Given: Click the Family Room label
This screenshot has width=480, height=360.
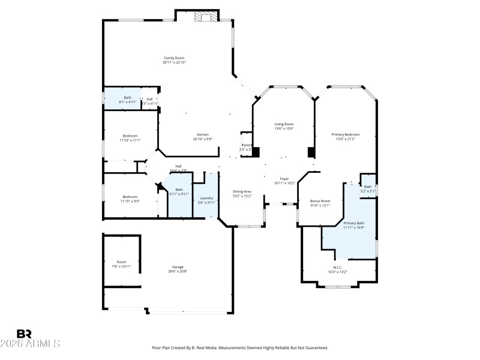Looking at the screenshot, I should (x=174, y=58).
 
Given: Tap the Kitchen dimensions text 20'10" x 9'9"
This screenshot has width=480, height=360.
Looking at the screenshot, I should (x=203, y=139).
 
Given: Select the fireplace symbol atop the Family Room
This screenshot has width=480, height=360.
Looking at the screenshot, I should (x=206, y=17).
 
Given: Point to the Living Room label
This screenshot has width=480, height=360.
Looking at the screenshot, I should (x=284, y=124).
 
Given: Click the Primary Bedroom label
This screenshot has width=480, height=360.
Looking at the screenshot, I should (x=346, y=134).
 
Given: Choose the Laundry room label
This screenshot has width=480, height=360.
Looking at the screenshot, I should (x=206, y=198).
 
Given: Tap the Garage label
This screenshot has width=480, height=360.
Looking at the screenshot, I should (x=178, y=267).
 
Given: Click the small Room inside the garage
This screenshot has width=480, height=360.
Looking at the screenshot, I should (x=122, y=262).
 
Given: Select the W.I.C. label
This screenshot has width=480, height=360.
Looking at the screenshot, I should (x=337, y=267).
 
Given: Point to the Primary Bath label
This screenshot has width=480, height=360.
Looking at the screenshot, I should (x=353, y=223).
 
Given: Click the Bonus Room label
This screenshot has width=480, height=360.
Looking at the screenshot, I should (x=320, y=201).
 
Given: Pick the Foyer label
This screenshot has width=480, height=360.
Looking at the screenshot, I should (x=284, y=179).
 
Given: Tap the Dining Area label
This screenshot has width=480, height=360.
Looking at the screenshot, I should (x=242, y=191).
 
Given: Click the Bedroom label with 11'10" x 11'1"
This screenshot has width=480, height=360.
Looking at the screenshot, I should (x=130, y=136).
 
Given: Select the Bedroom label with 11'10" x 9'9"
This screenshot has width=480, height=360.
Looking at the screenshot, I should (x=130, y=197).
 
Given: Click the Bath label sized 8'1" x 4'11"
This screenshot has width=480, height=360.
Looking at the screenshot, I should (x=127, y=98).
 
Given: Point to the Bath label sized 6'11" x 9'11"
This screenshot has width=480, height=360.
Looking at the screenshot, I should (x=179, y=190).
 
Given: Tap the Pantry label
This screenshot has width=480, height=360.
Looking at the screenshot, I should (x=246, y=145).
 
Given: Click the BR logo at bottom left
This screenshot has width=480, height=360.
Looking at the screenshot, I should (x=24, y=334).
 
